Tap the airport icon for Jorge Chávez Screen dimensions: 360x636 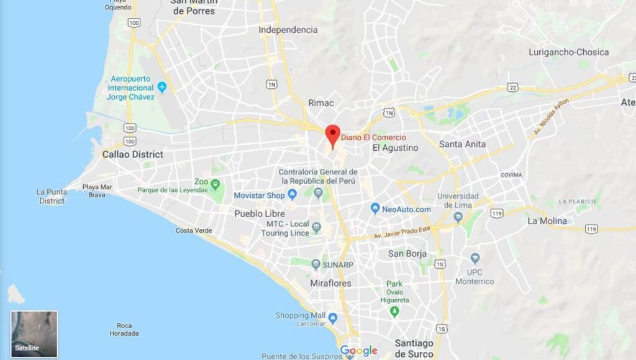click(162, 87)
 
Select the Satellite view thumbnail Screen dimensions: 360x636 click(34, 333)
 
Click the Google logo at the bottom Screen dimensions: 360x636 click(358, 351)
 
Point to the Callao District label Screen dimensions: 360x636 click(132, 154)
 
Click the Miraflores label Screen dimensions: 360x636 click(330, 283)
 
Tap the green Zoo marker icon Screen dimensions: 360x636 click(216, 184)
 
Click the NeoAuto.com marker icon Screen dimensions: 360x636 click(375, 209)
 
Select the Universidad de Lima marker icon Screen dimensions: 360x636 click(458, 217)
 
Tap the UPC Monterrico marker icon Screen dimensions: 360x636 click(475, 258)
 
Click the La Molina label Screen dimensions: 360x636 click(547, 221)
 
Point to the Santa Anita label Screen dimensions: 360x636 click(462, 144)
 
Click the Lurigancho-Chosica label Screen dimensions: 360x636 click(568, 52)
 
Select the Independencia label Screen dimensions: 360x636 click(288, 30)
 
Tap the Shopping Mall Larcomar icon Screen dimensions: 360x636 click(332, 318)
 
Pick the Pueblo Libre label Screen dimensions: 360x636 click(260, 214)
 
